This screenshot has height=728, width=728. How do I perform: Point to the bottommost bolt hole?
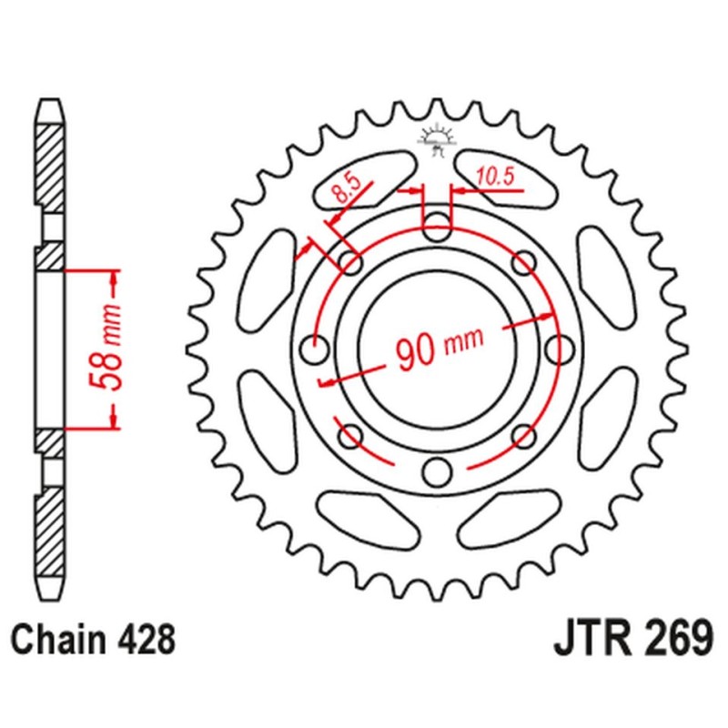pos(438,471)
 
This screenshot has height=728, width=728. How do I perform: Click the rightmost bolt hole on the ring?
pos(559,348)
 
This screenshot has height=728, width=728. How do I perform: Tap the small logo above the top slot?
pos(436,142)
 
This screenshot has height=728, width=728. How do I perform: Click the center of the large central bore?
pos(435,347)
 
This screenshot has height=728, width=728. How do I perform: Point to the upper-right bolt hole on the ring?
pos(524,263)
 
